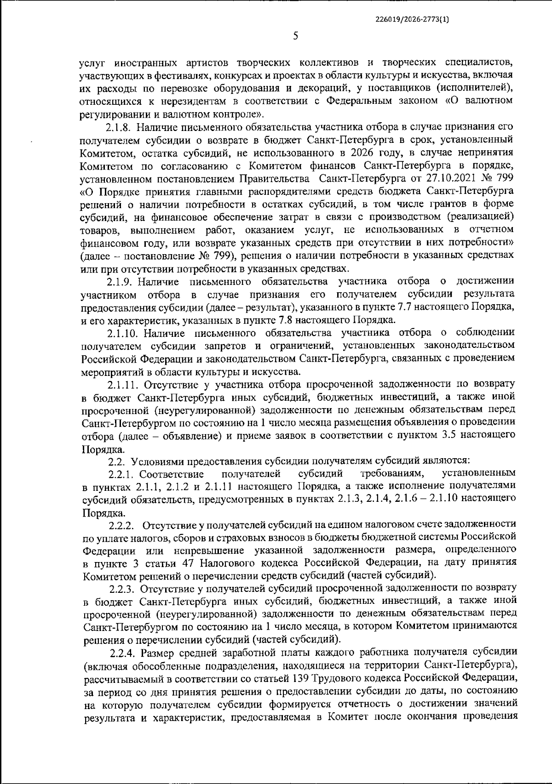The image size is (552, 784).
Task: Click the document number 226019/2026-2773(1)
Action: click(413, 20)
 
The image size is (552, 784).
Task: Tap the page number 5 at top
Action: click(295, 36)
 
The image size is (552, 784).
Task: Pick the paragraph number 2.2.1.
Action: click(121, 473)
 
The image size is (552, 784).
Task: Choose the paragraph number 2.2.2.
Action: click(121, 524)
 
